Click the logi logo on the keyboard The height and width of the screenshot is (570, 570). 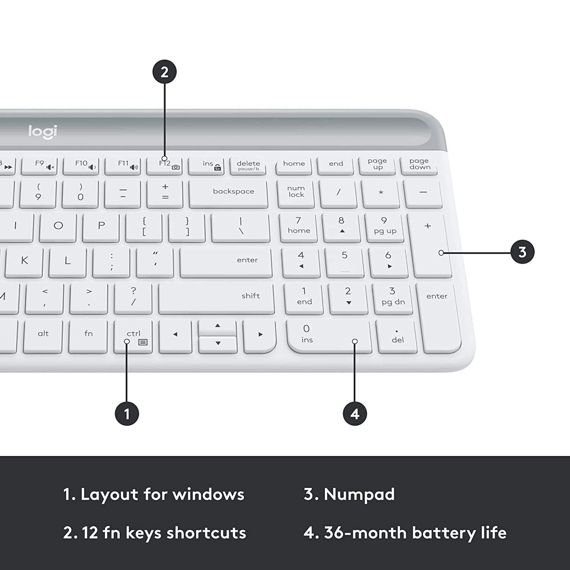click(x=43, y=131)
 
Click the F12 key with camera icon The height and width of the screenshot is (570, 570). click(x=165, y=165)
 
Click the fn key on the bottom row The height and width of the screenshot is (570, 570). click(x=88, y=335)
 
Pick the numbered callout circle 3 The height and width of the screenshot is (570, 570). click(x=522, y=252)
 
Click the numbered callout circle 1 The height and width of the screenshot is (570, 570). click(x=127, y=413)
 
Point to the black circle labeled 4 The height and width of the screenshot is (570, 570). click(x=355, y=413)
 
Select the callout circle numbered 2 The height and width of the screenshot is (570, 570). click(x=165, y=72)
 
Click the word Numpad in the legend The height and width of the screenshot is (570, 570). click(x=359, y=494)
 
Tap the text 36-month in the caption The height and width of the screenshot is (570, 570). click(x=365, y=533)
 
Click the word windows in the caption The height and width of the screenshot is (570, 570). click(x=208, y=494)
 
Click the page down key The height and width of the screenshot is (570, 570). click(x=420, y=165)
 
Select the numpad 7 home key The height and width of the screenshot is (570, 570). click(x=298, y=226)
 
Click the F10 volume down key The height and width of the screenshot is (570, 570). click(x=81, y=165)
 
